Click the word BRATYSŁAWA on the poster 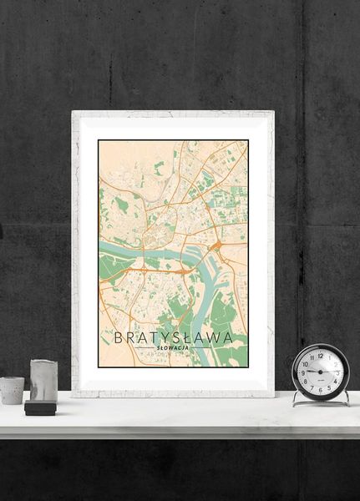click(x=174, y=337)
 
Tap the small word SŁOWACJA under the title click(x=174, y=348)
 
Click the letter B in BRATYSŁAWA click(x=118, y=337)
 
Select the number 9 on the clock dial click(x=304, y=372)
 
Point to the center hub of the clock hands click(x=321, y=372)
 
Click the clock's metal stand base click(x=321, y=402)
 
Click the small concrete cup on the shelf click(x=12, y=390)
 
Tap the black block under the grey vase click(x=39, y=407)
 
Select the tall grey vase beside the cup click(x=43, y=380)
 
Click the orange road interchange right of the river click(x=215, y=245)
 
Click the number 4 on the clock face click(x=336, y=380)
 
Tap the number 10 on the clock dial click(x=307, y=363)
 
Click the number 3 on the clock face click(x=338, y=372)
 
